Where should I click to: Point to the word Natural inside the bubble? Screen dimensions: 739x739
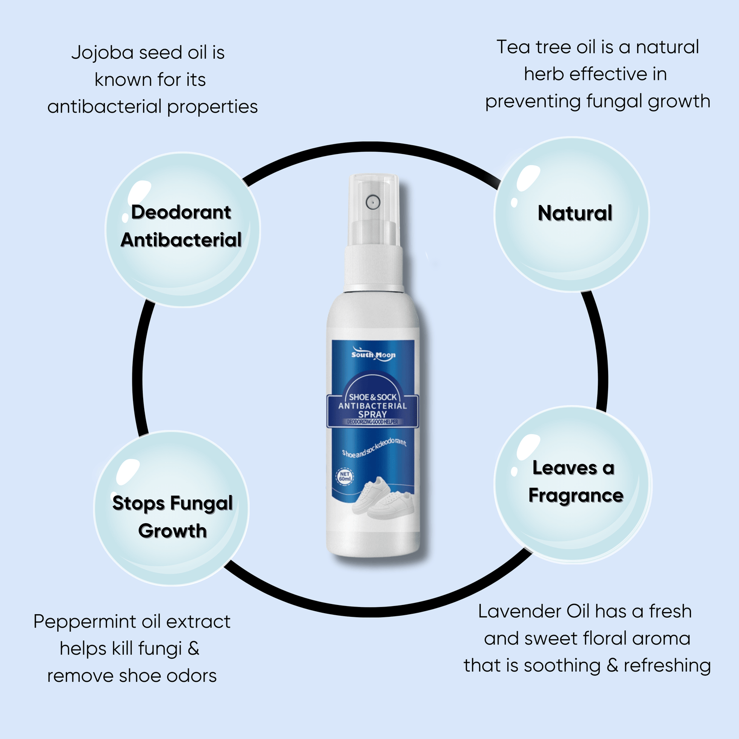tap(575, 213)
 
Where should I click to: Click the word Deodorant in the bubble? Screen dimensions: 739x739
tap(181, 212)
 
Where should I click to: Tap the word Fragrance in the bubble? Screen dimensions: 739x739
tap(576, 496)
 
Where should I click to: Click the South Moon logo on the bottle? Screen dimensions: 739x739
tap(373, 355)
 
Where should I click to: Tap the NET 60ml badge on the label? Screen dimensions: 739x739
tap(345, 477)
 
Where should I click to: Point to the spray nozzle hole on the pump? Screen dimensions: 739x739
tap(373, 203)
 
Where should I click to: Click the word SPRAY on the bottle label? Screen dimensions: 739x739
tap(372, 414)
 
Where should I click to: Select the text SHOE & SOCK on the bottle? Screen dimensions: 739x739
tap(373, 397)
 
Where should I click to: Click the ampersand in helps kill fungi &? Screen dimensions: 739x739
tap(193, 648)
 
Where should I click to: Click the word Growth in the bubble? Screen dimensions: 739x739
tap(172, 531)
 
